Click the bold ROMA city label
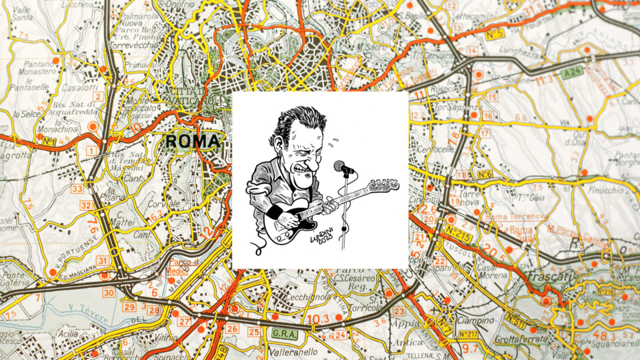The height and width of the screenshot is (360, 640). click(x=192, y=141)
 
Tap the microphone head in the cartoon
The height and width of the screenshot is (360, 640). click(x=341, y=167)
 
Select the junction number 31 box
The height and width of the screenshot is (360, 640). click(x=102, y=260)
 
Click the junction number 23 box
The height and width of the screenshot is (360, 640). click(x=399, y=311)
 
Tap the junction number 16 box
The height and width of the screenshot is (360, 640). click(x=488, y=116)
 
